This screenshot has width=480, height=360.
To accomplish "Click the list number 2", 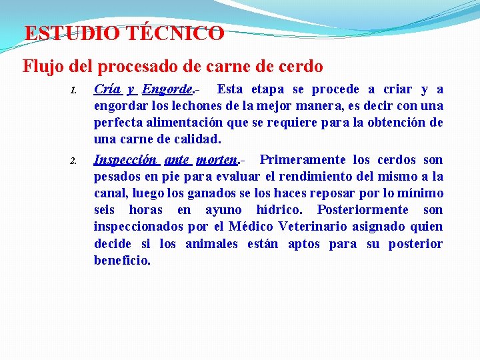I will click(75, 161).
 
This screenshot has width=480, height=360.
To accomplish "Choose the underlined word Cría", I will click(107, 89).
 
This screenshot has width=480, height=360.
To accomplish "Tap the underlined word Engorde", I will click(168, 89).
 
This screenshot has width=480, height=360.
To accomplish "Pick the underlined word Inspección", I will click(125, 160).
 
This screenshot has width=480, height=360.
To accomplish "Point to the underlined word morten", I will click(217, 160).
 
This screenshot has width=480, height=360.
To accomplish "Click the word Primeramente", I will click(303, 160).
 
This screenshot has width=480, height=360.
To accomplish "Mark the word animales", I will click(211, 243).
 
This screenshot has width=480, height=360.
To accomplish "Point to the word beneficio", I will click(122, 260).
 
